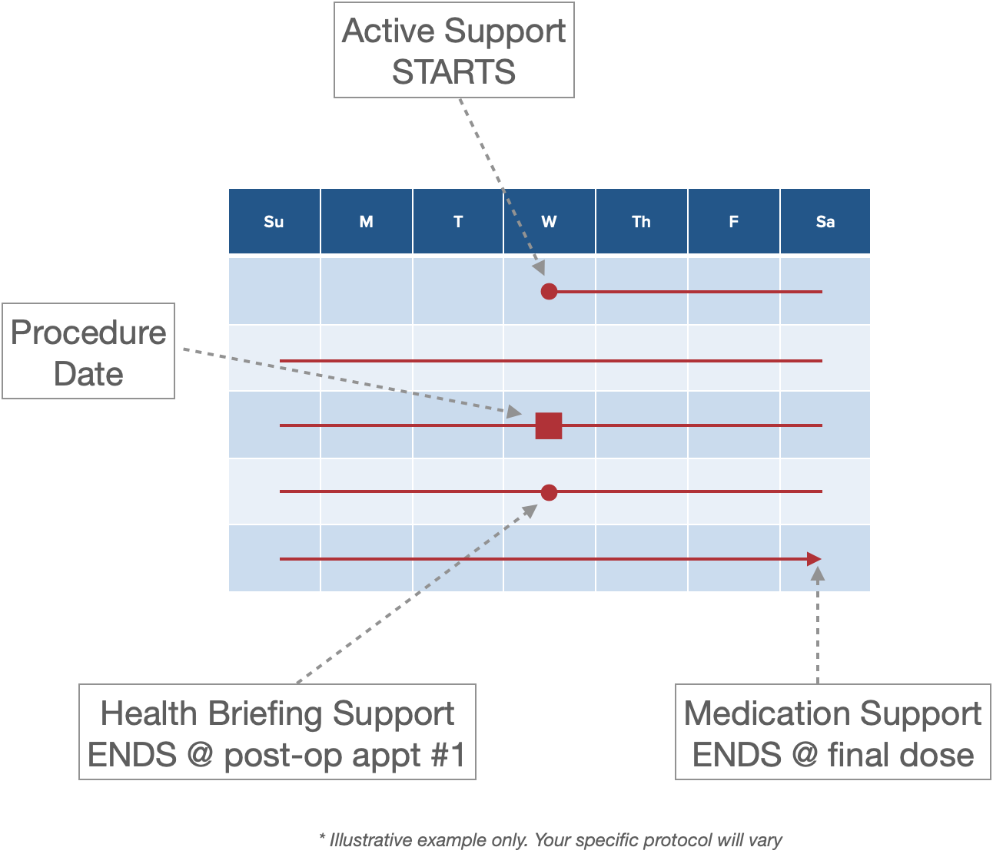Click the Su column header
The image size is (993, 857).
tap(274, 222)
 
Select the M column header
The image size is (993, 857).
tap(366, 222)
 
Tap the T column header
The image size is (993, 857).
tap(458, 222)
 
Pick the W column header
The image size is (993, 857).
tap(549, 222)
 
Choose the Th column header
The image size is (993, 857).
tap(641, 222)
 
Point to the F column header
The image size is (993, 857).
tap(733, 222)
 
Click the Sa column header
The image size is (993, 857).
tap(825, 222)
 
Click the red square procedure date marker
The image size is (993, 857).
tap(549, 425)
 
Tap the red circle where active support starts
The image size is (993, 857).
tap(549, 291)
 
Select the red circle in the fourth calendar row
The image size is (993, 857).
tap(549, 492)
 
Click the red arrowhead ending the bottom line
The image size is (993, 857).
tap(815, 559)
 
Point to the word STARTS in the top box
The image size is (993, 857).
tap(453, 72)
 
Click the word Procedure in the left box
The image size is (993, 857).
tap(88, 333)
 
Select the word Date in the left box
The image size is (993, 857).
tap(88, 374)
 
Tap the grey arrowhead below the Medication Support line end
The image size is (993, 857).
tap(818, 574)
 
